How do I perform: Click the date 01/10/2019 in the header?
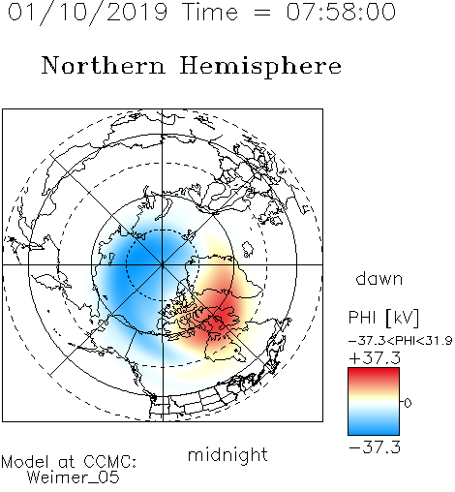click(87, 13)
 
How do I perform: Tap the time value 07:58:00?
click(341, 12)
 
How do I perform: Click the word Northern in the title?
click(104, 65)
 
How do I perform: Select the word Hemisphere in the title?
click(260, 67)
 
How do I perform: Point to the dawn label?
click(379, 278)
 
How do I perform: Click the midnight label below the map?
click(227, 455)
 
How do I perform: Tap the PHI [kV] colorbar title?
click(383, 318)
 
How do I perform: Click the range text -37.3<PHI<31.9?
click(400, 341)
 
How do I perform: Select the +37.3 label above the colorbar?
click(375, 358)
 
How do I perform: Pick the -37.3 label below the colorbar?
click(375, 447)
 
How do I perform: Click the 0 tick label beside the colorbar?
click(408, 403)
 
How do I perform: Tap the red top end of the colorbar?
click(374, 371)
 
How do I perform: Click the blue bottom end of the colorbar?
click(374, 432)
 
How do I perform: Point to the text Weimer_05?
click(74, 477)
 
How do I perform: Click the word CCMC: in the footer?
click(110, 462)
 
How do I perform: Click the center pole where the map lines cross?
click(162, 264)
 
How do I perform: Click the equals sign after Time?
click(262, 14)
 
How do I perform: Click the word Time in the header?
click(210, 13)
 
